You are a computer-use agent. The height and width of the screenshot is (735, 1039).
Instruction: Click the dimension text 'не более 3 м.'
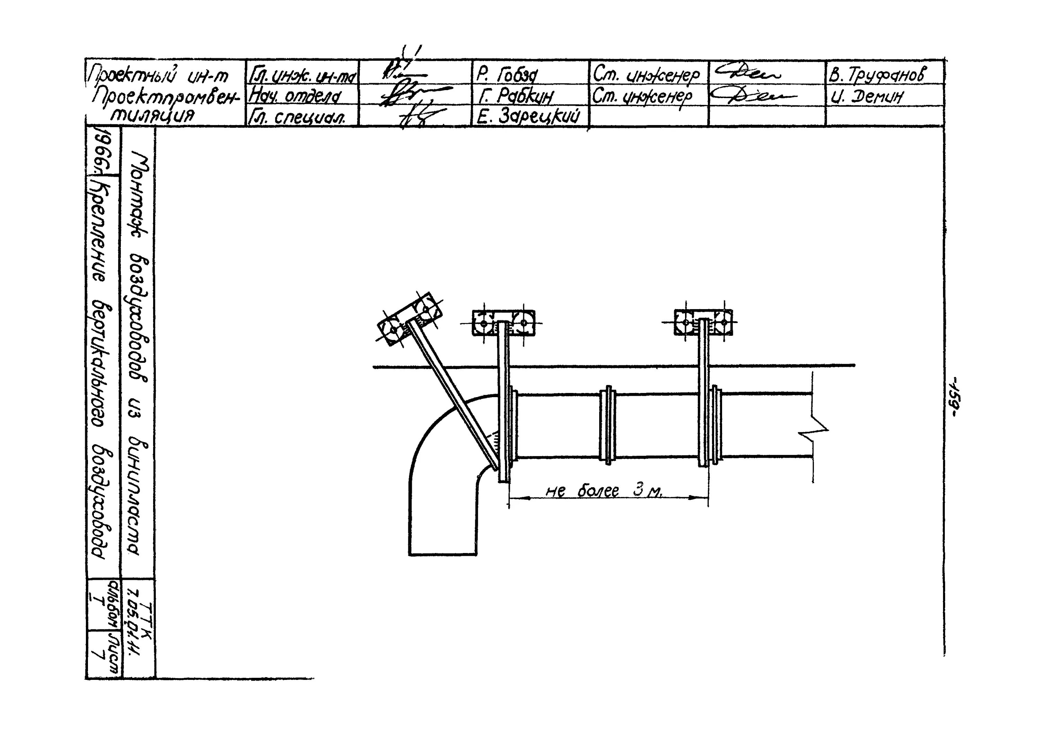click(604, 491)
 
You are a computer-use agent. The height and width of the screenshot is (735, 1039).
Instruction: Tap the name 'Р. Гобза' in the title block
click(507, 74)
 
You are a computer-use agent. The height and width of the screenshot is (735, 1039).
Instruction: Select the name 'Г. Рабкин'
click(515, 96)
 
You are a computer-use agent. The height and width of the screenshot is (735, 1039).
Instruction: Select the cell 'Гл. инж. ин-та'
click(302, 75)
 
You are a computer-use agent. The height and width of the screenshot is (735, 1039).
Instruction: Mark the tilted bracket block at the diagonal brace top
click(409, 319)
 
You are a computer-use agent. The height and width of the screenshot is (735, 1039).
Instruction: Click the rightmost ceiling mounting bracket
click(703, 322)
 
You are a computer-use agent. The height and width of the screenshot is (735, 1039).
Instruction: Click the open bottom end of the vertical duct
click(443, 554)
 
